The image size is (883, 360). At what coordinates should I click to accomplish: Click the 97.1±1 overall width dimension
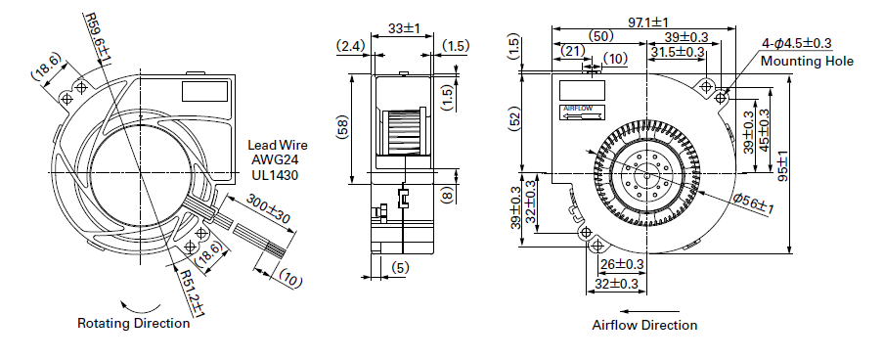[x=647, y=22]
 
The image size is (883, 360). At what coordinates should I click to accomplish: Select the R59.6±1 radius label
[x=98, y=38]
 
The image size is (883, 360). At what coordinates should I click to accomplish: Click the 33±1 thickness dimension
[x=404, y=28]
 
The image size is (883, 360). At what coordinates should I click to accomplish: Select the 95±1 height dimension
[x=782, y=166]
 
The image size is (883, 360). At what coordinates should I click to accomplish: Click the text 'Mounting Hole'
[x=807, y=61]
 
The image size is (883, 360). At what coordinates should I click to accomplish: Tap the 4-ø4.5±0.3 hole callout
[x=797, y=43]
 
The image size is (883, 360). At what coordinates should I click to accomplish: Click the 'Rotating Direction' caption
[x=133, y=324]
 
